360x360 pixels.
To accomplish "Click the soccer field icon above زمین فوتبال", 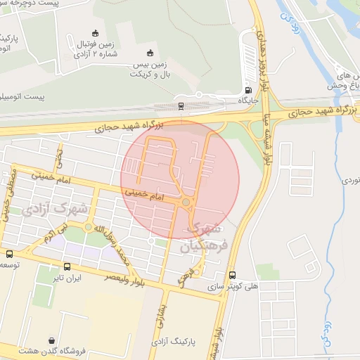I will click(x=96, y=33).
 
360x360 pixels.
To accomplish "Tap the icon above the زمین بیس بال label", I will click(x=149, y=53).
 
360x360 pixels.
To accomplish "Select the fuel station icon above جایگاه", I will click(x=247, y=90).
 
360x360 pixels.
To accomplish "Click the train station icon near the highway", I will click(x=181, y=106).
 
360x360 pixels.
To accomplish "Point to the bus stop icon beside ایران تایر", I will click(x=67, y=266).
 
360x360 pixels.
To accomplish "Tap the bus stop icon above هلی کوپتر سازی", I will click(x=233, y=276).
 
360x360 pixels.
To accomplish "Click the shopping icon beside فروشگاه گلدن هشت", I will click(x=53, y=340).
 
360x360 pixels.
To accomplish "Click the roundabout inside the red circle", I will click(x=186, y=202).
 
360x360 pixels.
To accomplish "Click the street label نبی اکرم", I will click(x=59, y=233).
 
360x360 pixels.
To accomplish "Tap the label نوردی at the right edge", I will click(x=349, y=181).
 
